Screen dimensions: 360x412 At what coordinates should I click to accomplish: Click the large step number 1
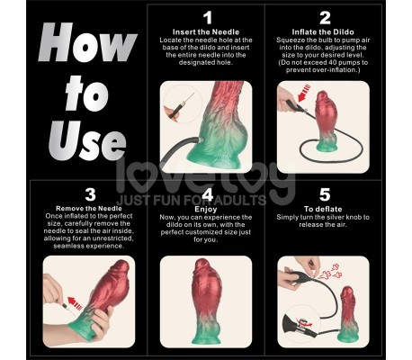[x=207, y=18]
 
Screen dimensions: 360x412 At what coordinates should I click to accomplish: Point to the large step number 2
[x=325, y=18]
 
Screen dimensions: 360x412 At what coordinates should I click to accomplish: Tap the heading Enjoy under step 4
[x=207, y=209]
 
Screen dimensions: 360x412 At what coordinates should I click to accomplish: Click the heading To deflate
[x=325, y=209]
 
